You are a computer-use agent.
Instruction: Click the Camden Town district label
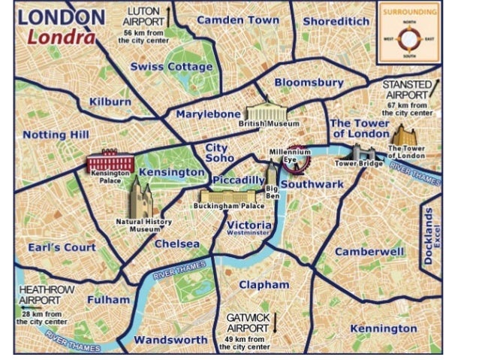[237, 20]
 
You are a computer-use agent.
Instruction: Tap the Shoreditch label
[336, 20]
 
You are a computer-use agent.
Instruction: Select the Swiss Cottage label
[171, 67]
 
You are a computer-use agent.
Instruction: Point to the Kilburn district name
[110, 101]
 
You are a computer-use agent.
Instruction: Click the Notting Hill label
[56, 135]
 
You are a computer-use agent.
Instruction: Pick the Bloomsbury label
[309, 82]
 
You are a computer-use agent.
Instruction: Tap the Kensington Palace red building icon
[110, 162]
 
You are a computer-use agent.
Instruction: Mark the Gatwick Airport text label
[247, 323]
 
